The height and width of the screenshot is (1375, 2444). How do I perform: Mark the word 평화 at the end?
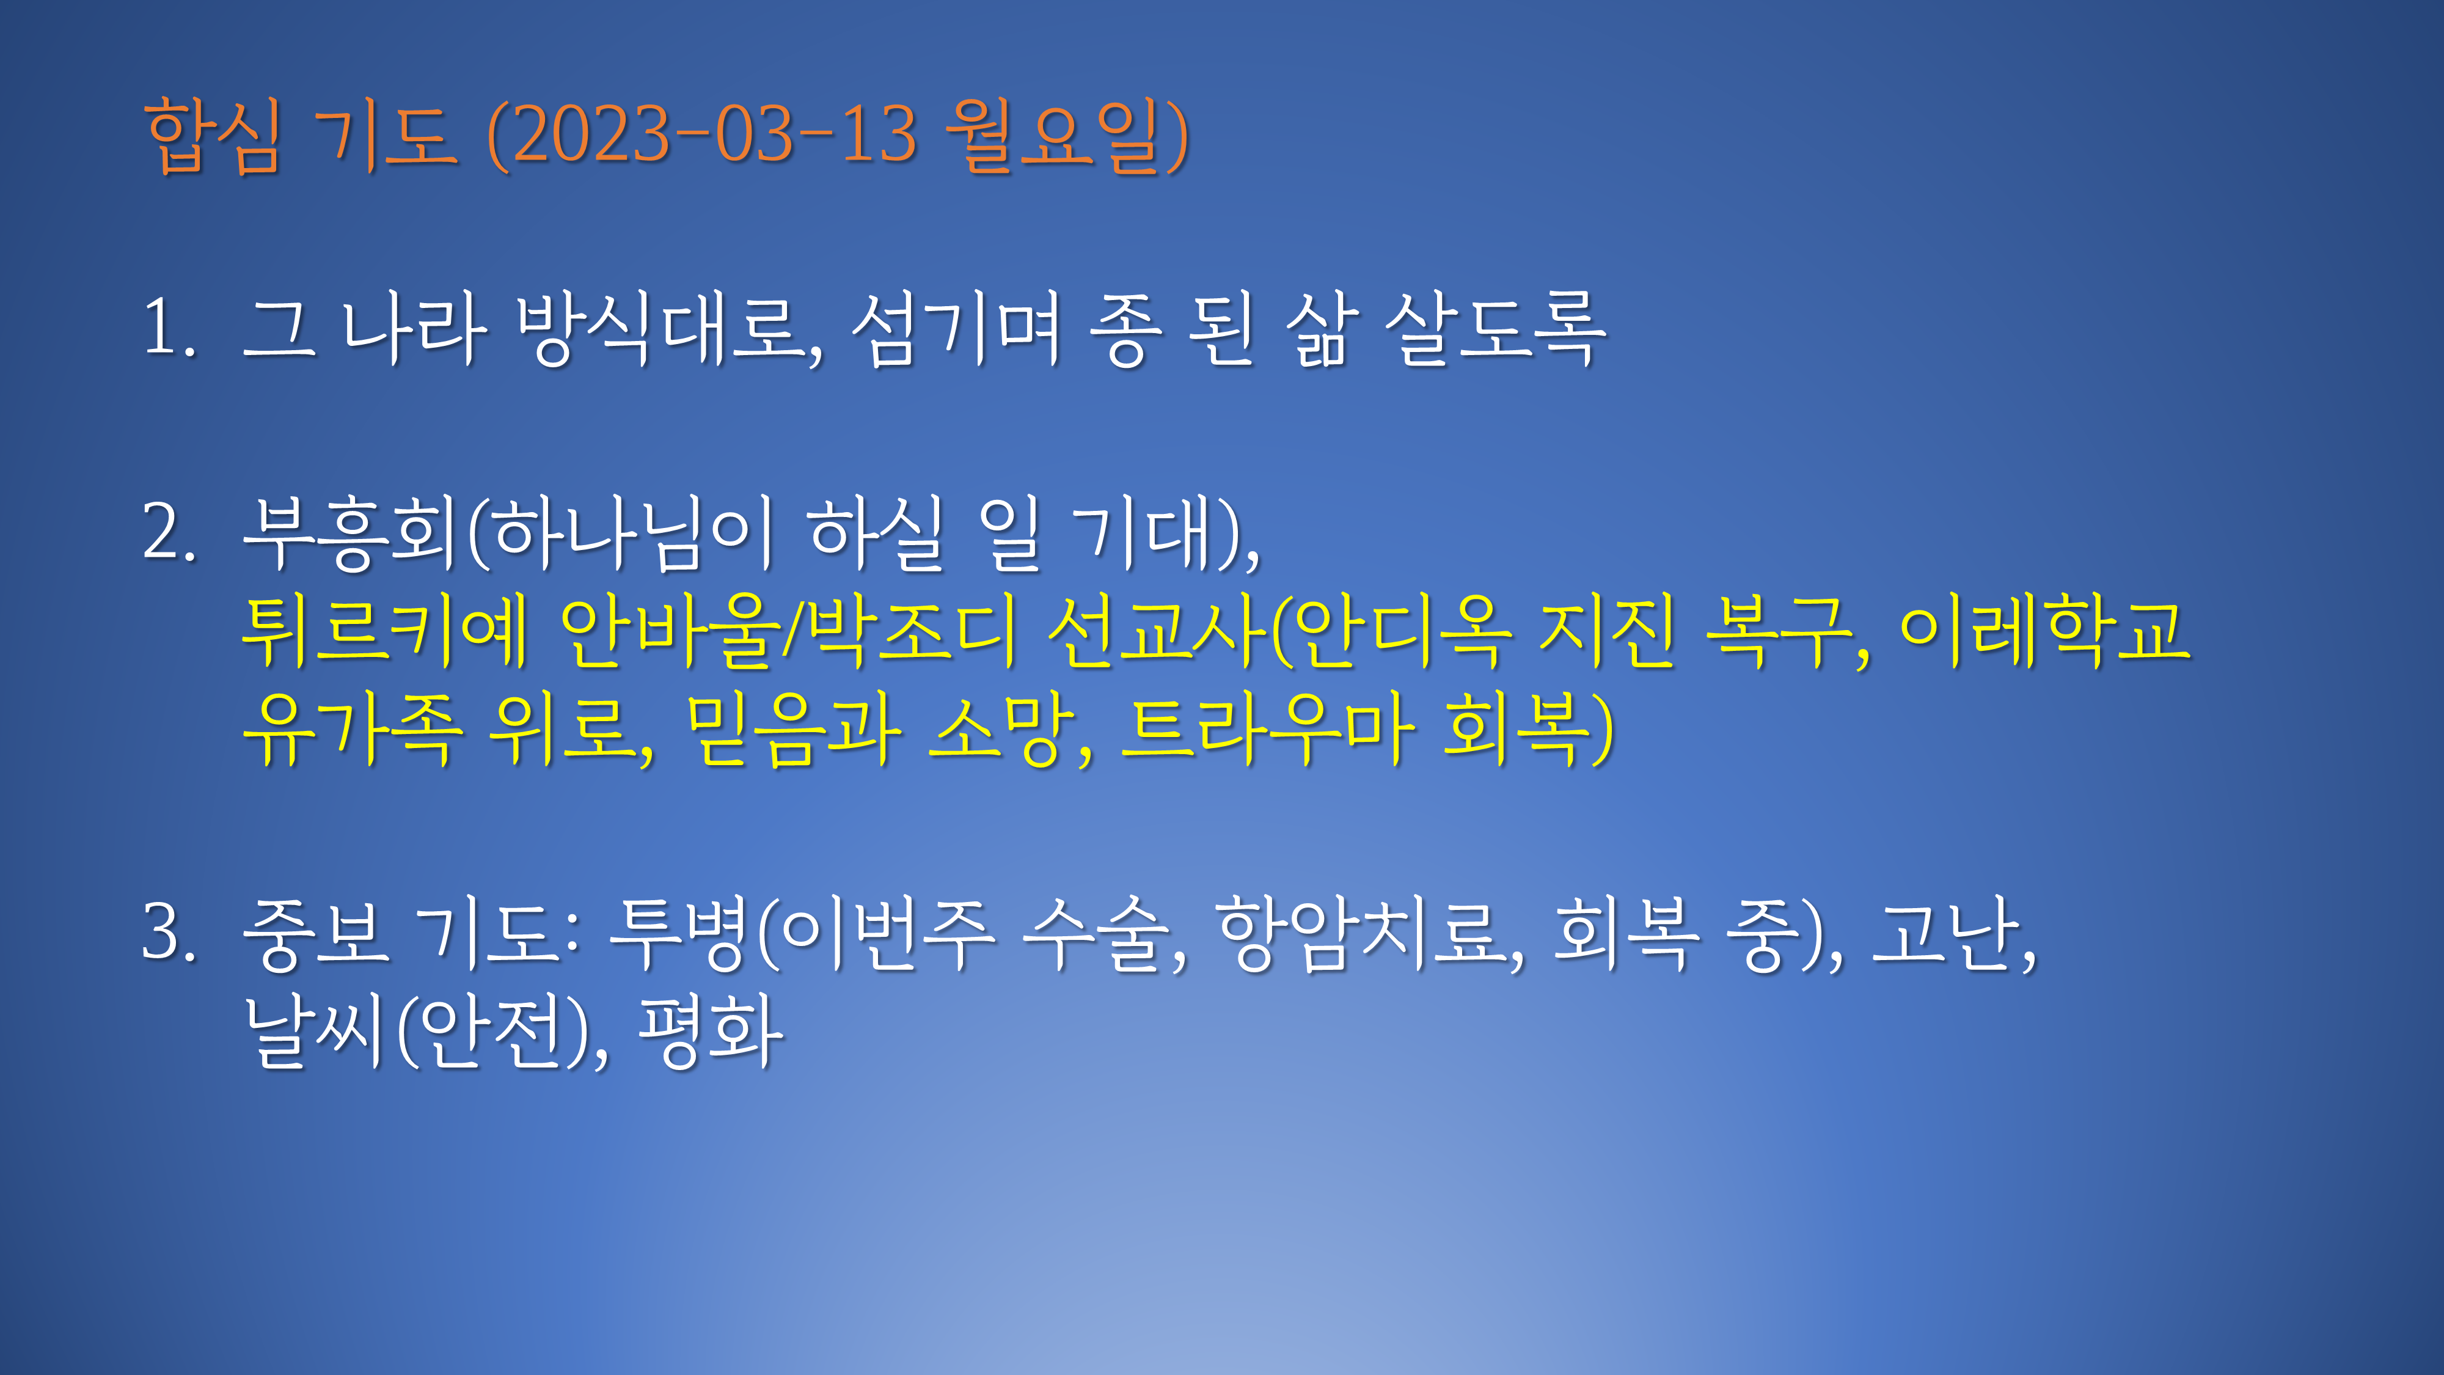(x=712, y=1032)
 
